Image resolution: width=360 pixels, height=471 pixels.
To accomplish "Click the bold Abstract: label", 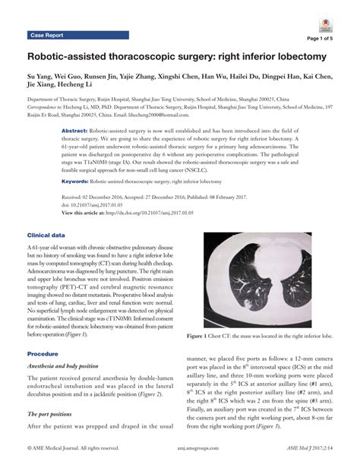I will pyautogui.click(x=74, y=131).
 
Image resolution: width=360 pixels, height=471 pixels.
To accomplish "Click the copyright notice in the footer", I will pyautogui.click(x=74, y=461).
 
